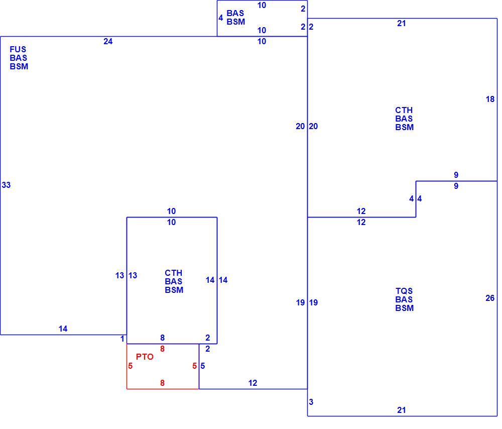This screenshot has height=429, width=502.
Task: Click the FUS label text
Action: click(x=18, y=49)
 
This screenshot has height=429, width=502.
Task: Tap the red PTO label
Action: click(x=145, y=357)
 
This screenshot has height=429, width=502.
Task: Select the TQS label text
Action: click(x=404, y=291)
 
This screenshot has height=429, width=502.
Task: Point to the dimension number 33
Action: click(x=6, y=185)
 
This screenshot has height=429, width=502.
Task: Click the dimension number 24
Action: click(x=108, y=41)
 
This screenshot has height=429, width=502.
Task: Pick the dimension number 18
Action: click(x=490, y=99)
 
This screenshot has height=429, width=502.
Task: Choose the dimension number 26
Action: click(x=490, y=298)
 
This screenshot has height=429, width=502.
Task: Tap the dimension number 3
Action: click(x=311, y=402)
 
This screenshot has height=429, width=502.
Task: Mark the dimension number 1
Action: click(x=122, y=339)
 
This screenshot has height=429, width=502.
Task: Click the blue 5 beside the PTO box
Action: click(x=203, y=366)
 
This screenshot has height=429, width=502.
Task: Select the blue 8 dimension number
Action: click(x=162, y=338)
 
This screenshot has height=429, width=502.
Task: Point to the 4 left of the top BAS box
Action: click(x=220, y=18)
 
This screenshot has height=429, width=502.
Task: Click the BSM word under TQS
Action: click(x=404, y=308)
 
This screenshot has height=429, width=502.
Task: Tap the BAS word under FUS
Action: click(x=18, y=58)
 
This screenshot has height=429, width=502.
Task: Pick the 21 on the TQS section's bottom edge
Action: click(x=402, y=410)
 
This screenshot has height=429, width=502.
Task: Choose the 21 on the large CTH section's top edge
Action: click(x=402, y=24)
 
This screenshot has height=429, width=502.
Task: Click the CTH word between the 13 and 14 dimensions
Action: click(x=174, y=273)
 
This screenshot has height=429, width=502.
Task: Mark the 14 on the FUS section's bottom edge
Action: click(x=63, y=329)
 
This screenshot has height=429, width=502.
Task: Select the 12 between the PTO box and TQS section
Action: click(x=253, y=383)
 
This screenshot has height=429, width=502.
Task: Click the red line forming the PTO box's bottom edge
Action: click(x=163, y=389)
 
